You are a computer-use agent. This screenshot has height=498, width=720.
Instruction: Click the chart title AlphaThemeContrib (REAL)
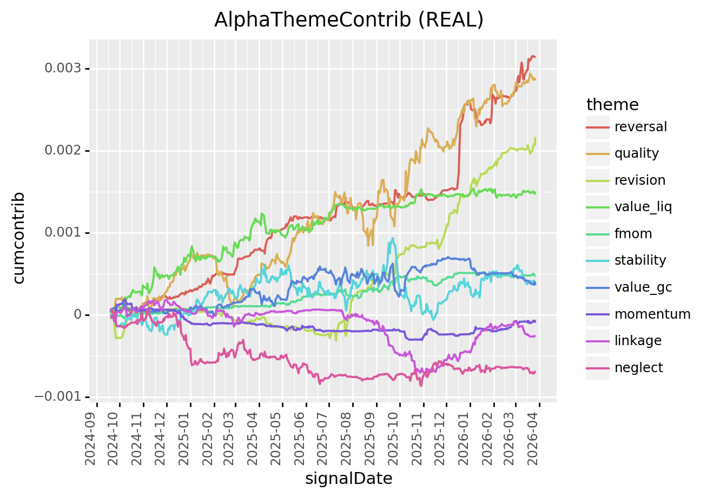(348, 20)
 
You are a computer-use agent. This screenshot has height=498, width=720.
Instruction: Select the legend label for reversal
(640, 127)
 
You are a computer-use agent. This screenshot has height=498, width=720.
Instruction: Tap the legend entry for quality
(636, 153)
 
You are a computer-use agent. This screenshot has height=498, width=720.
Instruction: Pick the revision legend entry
(639, 180)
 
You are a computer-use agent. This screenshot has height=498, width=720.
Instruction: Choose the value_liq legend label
(643, 207)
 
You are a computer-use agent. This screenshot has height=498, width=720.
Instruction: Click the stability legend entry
(640, 260)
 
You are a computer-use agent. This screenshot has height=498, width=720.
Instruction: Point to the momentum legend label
(652, 314)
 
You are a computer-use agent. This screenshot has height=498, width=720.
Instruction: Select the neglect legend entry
(638, 368)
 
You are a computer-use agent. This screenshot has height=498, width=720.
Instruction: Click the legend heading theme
(612, 104)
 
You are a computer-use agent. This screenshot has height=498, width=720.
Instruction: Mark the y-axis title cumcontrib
(19, 238)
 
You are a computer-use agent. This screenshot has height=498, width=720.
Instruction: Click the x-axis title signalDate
(348, 479)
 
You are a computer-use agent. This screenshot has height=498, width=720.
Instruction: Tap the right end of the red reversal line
(535, 57)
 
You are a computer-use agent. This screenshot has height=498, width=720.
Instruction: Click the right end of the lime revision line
(536, 138)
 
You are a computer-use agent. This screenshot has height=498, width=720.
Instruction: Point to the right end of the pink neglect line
(535, 372)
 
